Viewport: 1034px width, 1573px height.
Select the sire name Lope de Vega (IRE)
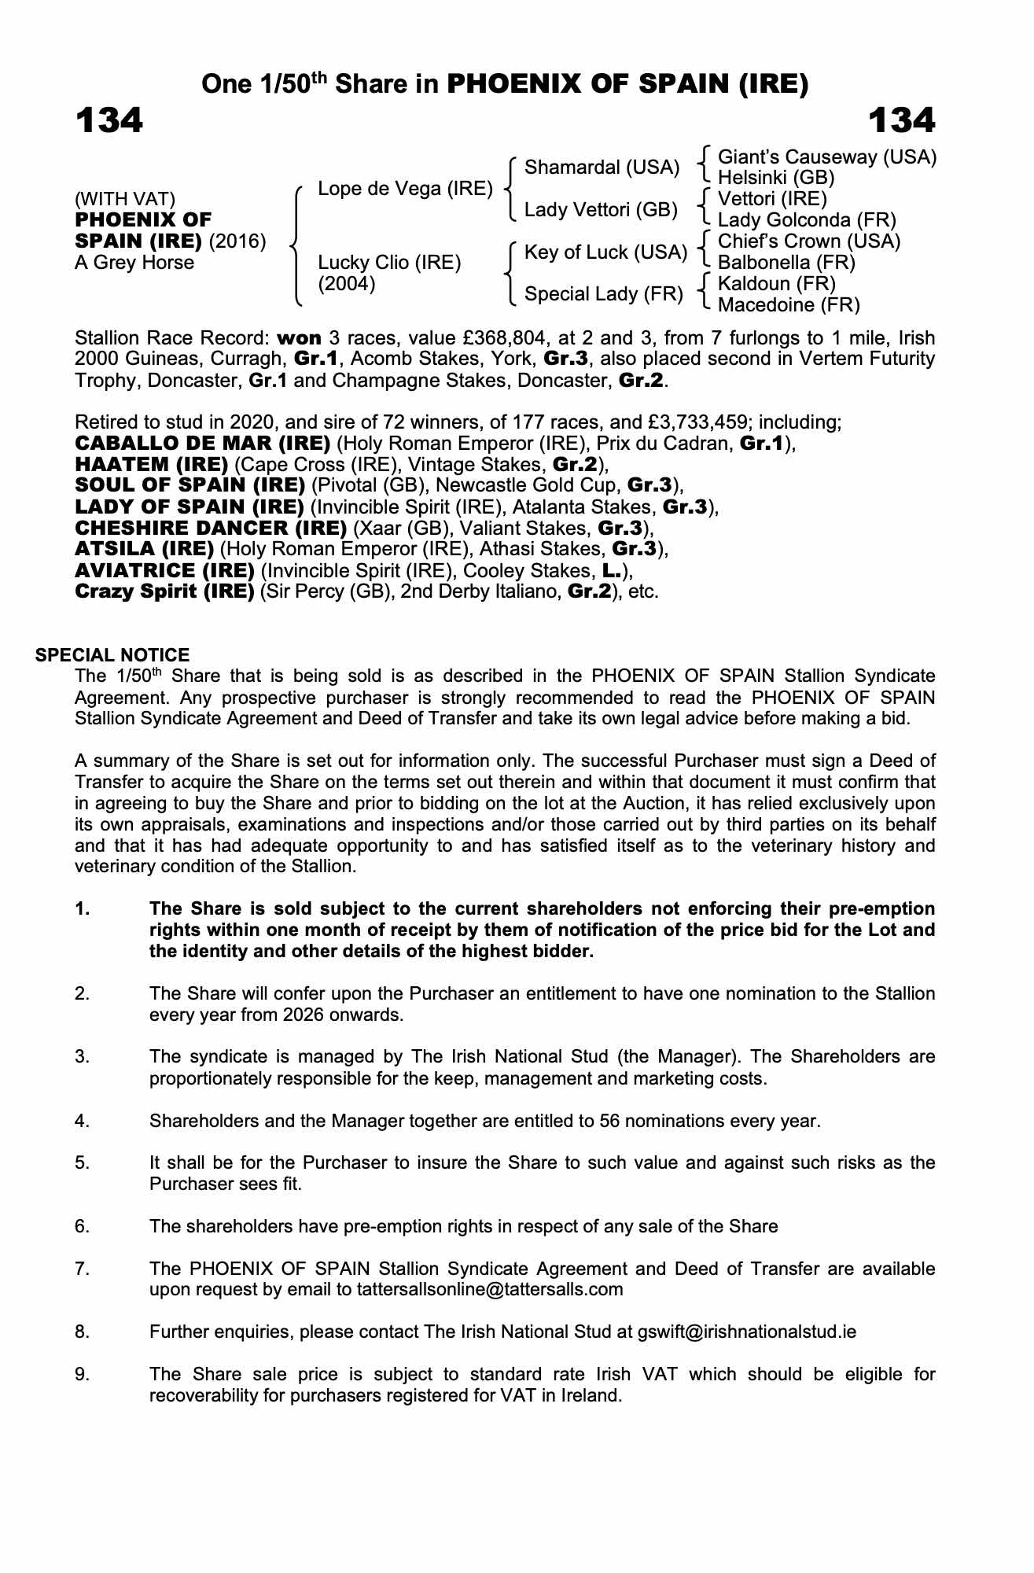pyautogui.click(x=404, y=189)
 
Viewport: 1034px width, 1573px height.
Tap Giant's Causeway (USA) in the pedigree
pyautogui.click(x=827, y=157)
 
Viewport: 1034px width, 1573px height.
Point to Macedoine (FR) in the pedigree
pyautogui.click(x=789, y=304)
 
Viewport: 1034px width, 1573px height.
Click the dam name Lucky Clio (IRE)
pyautogui.click(x=389, y=263)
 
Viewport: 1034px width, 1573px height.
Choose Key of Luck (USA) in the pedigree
pyautogui.click(x=605, y=252)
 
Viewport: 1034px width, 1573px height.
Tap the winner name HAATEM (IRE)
pyautogui.click(x=151, y=465)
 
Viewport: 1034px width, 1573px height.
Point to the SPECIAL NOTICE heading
pyautogui.click(x=112, y=655)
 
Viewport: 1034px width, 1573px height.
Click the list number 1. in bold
pyautogui.click(x=83, y=909)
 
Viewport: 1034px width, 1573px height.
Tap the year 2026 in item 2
pyautogui.click(x=269, y=1015)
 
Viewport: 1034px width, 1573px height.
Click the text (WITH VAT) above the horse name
pyautogui.click(x=125, y=199)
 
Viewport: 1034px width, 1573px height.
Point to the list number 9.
pyautogui.click(x=83, y=1375)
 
